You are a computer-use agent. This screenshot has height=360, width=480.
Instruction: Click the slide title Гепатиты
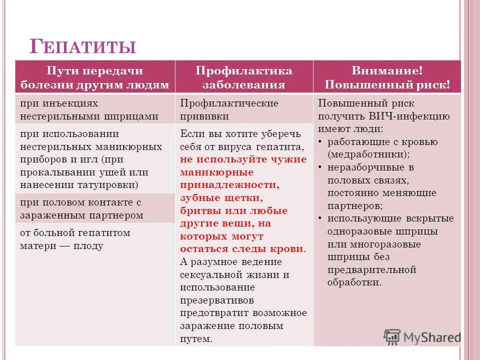click(83, 46)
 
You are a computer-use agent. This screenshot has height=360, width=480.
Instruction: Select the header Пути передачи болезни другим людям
click(95, 77)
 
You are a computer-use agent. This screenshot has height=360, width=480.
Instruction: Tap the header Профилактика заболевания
click(244, 77)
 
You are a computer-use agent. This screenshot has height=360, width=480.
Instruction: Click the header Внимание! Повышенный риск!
click(386, 77)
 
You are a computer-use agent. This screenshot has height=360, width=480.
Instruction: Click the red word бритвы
click(197, 210)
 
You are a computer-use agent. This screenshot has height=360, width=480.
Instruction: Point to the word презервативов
click(217, 300)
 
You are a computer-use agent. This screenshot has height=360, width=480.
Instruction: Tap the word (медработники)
click(369, 154)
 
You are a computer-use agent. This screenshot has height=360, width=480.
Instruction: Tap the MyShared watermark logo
click(423, 336)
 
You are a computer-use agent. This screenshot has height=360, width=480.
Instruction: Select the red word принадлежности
click(230, 184)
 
